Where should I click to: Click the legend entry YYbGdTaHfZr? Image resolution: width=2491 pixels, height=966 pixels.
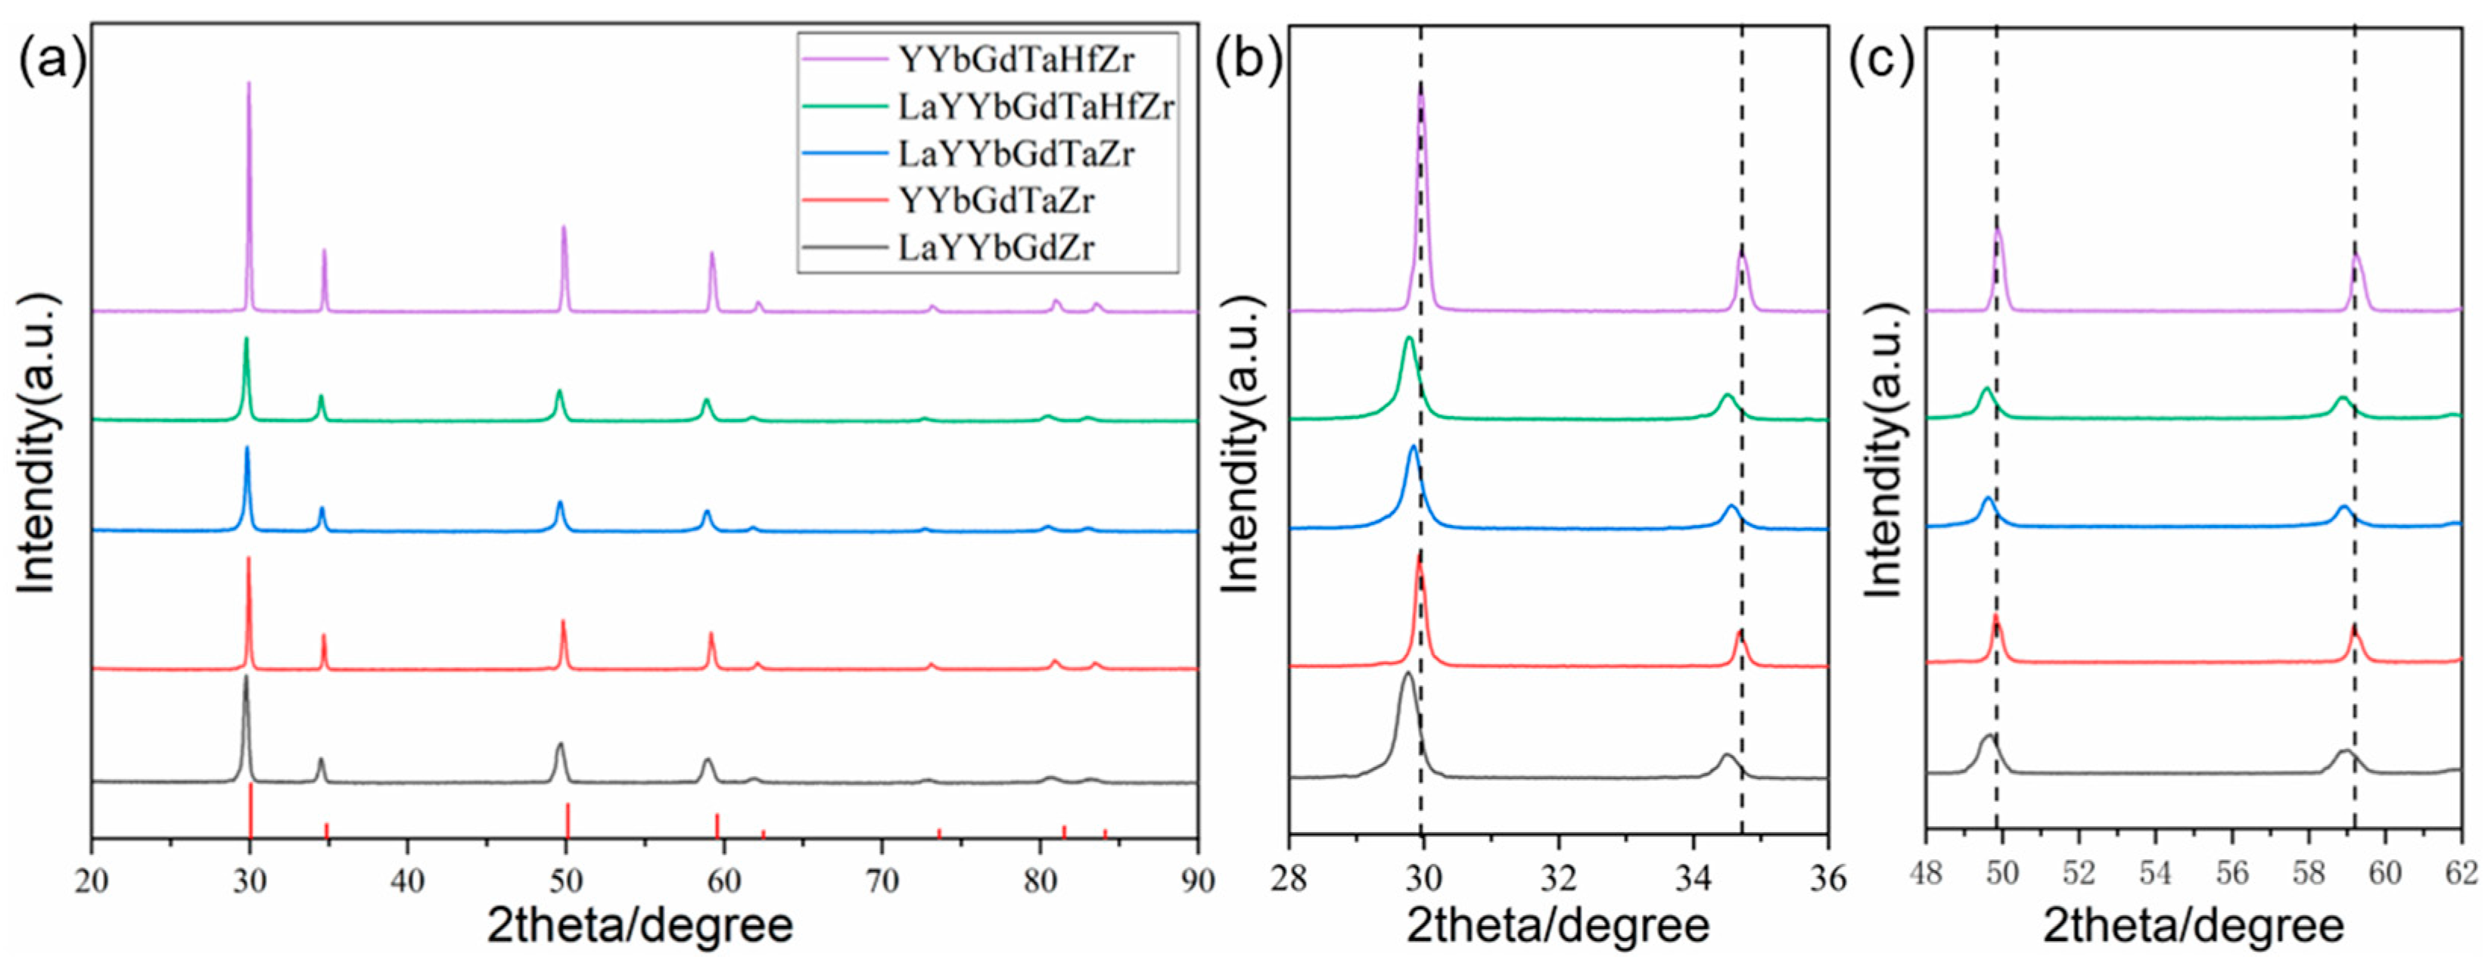point(1015,60)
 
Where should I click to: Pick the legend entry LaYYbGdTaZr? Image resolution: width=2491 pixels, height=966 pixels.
point(1015,154)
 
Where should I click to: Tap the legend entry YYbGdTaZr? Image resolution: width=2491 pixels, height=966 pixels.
point(996,201)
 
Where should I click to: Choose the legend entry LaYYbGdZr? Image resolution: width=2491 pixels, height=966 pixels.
point(996,249)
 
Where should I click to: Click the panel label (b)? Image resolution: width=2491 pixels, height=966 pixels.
point(1249,60)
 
